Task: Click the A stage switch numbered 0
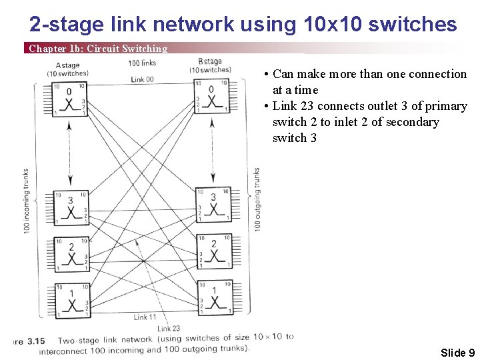[70, 99]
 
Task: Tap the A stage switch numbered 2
[71, 254]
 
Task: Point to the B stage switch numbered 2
[213, 251]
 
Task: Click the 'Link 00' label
[141, 79]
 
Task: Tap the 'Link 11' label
[145, 317]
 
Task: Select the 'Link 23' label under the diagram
[168, 328]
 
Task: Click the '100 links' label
[141, 63]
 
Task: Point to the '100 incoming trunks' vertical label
[26, 200]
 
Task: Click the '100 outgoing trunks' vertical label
[257, 199]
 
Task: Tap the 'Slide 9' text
[457, 353]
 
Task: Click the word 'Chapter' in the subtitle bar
[47, 49]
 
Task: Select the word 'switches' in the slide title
[417, 25]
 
